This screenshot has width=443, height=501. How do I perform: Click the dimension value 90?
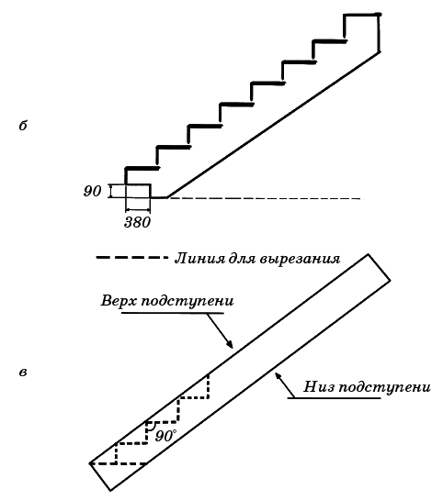click(x=92, y=191)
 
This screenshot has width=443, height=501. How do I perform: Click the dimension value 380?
click(x=137, y=222)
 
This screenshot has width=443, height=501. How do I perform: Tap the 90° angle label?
click(x=165, y=436)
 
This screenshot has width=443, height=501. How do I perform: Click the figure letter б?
click(x=23, y=126)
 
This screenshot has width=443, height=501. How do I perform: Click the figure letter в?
click(x=23, y=373)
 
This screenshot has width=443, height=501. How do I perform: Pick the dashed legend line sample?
click(x=131, y=257)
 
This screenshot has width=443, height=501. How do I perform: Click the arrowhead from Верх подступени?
click(x=229, y=344)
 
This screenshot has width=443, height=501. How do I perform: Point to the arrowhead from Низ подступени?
click(x=278, y=376)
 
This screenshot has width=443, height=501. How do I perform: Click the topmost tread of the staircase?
click(x=362, y=15)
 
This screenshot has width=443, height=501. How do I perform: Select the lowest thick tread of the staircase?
click(x=142, y=168)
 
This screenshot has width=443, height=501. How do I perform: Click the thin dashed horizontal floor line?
click(x=265, y=198)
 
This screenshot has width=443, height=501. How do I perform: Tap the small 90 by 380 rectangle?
click(x=138, y=191)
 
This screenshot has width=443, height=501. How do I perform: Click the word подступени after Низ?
click(x=384, y=387)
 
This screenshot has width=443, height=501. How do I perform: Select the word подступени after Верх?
click(x=187, y=302)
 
